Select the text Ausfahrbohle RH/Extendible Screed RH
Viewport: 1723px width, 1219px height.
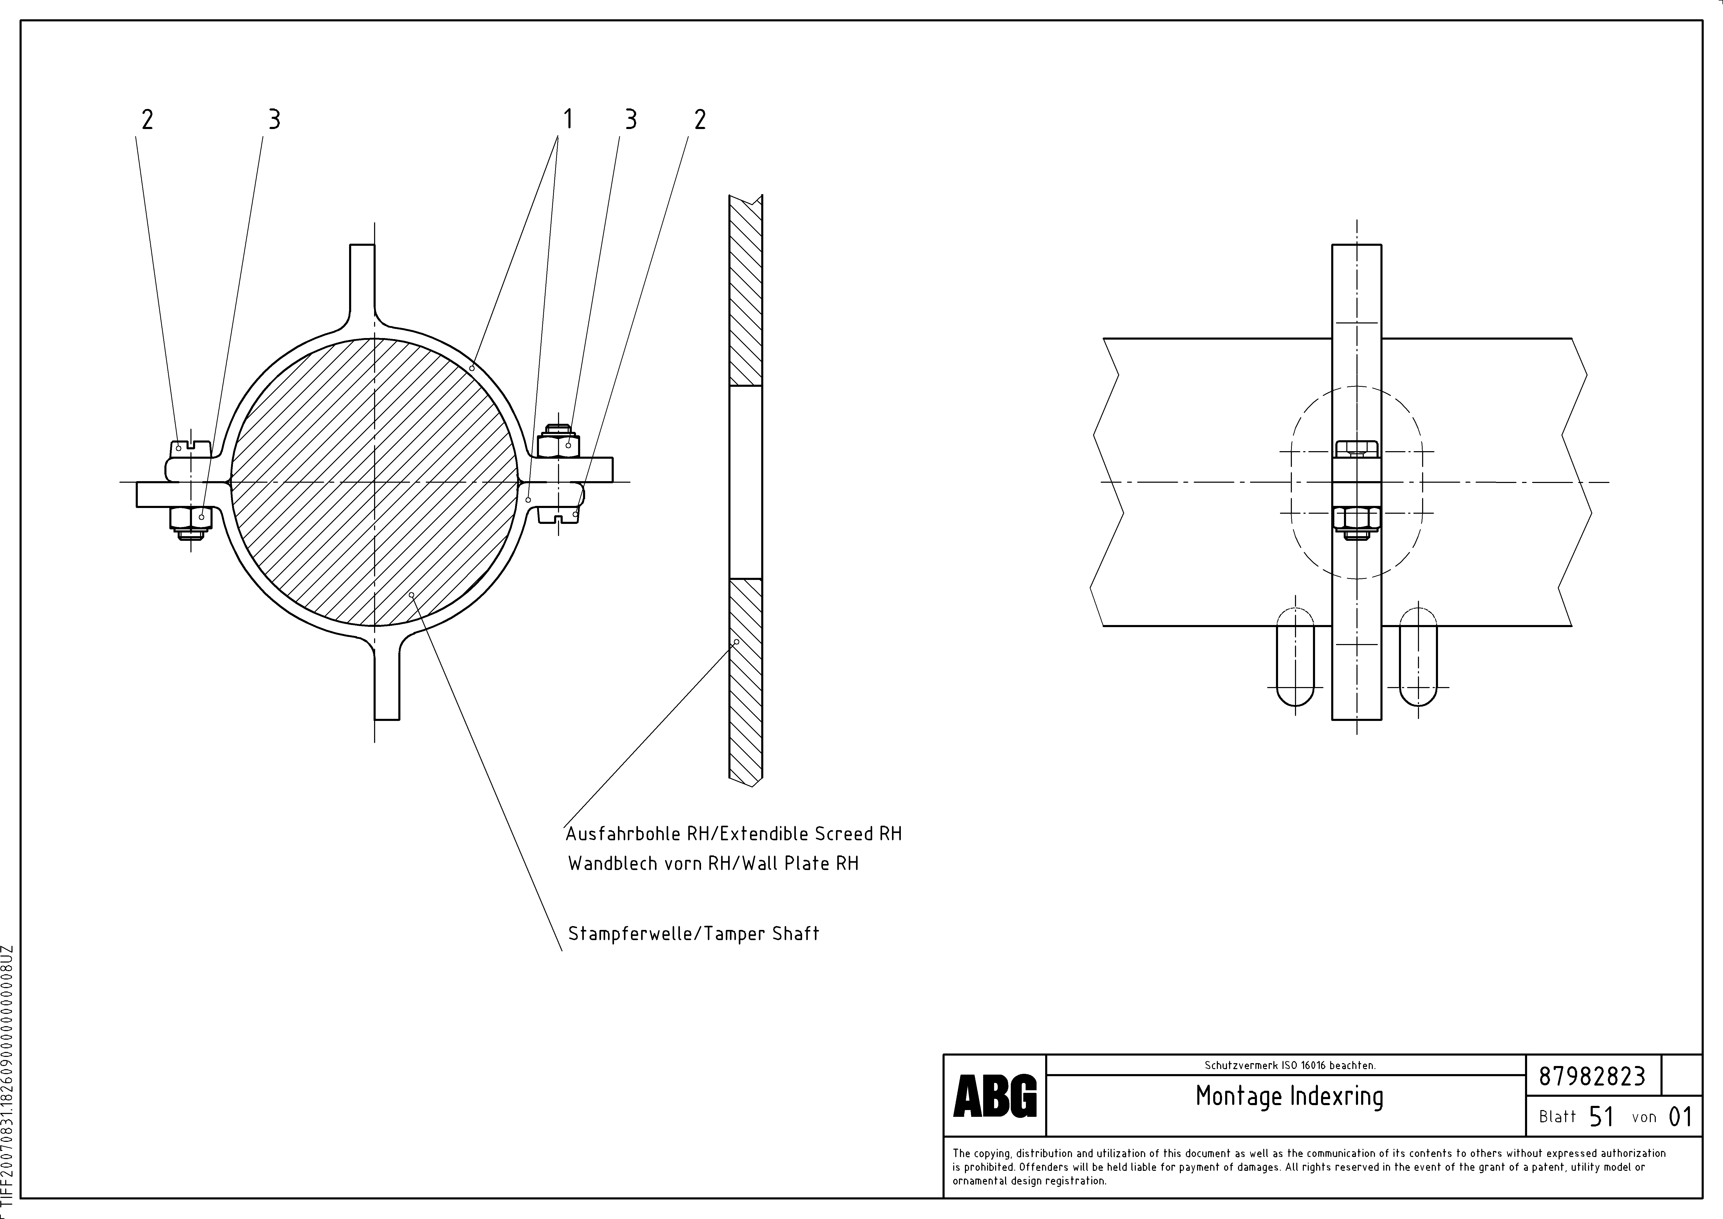click(733, 834)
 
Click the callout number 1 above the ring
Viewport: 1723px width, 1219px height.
click(568, 119)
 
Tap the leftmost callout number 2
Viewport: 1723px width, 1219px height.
click(147, 119)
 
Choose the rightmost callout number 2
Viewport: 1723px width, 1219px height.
click(700, 119)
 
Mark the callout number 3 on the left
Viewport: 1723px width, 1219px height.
click(274, 119)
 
